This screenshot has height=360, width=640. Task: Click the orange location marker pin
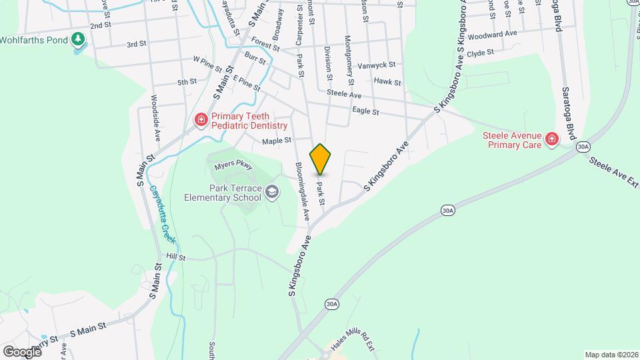click(x=321, y=159)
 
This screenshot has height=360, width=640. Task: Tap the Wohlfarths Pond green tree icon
click(x=79, y=40)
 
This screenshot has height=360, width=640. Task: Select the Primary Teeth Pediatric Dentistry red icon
click(x=201, y=120)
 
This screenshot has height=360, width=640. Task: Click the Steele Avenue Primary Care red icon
click(x=551, y=139)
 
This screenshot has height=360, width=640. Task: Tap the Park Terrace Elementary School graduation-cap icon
click(x=271, y=193)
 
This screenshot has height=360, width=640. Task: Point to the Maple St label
click(x=277, y=141)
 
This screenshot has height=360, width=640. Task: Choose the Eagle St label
click(x=365, y=112)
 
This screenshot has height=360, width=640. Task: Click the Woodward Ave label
click(x=493, y=33)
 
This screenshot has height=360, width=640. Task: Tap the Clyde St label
click(x=480, y=53)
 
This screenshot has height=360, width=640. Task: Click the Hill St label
click(x=175, y=256)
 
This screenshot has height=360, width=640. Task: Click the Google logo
click(x=22, y=351)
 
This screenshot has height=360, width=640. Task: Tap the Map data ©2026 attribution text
click(x=610, y=355)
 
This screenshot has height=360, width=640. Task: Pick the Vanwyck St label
click(x=377, y=65)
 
